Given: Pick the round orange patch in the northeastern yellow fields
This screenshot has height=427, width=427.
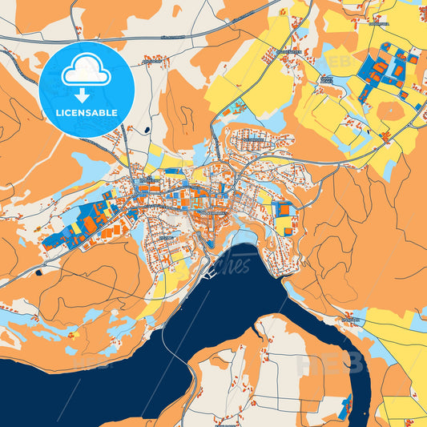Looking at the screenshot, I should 390,110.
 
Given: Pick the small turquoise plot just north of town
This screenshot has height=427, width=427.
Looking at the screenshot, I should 238,107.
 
